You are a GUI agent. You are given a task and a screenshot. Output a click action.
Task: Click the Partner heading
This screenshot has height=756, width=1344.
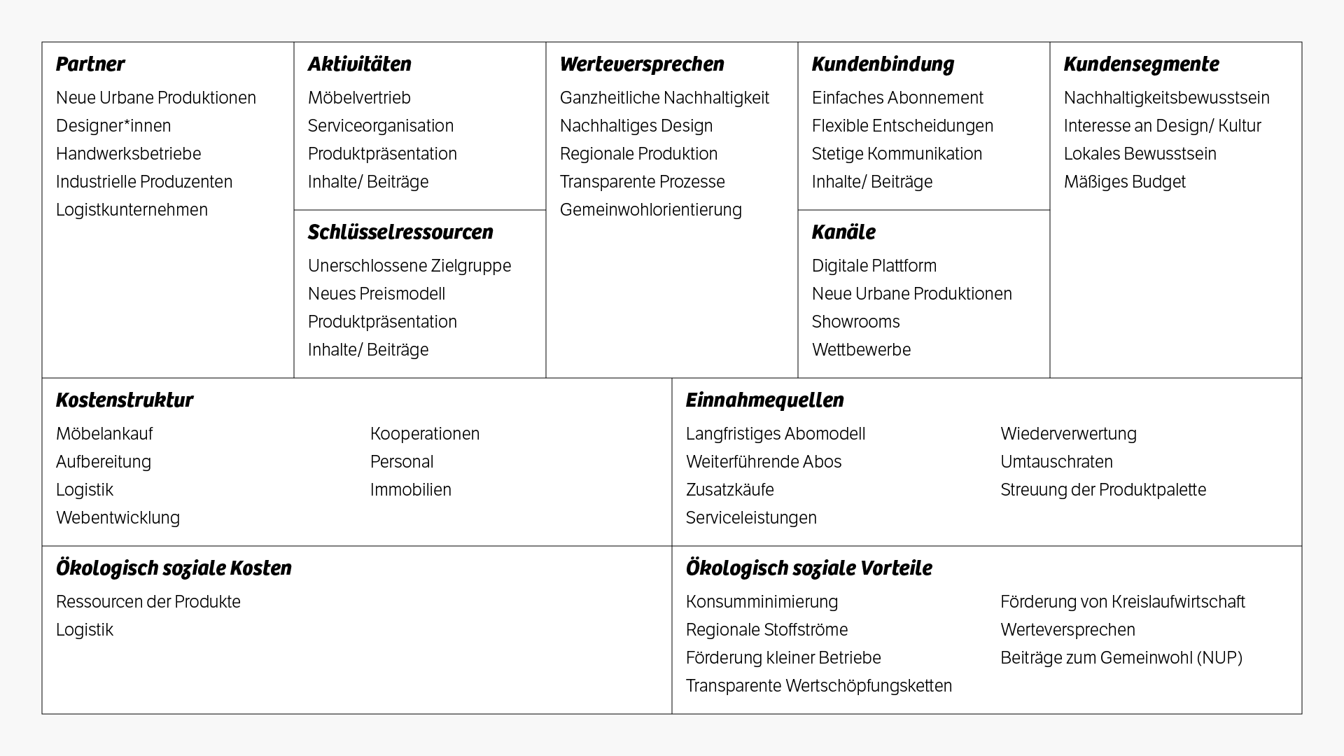coord(90,64)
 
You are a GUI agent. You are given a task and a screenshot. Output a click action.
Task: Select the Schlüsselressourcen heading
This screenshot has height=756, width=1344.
coord(400,232)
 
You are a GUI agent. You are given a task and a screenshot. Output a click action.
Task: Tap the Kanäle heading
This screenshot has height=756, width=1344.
coord(843,232)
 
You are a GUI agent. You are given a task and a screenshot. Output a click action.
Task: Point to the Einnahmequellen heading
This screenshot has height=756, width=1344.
coord(764,400)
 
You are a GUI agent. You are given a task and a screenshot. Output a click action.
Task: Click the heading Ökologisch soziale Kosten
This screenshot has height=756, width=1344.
coord(174,568)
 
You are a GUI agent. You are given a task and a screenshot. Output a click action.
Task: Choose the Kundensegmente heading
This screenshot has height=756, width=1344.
coord(1141,64)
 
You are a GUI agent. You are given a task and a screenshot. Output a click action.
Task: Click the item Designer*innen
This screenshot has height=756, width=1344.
coord(113,126)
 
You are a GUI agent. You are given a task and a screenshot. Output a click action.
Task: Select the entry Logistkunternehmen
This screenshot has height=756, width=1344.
coord(132,210)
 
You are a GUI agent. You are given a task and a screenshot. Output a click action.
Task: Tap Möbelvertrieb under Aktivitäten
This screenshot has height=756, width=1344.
coord(359,98)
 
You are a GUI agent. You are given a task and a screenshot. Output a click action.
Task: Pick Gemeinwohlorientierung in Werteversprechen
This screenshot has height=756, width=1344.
coord(650,210)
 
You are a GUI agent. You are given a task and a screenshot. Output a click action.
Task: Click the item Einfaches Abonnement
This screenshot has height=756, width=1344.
coord(897,98)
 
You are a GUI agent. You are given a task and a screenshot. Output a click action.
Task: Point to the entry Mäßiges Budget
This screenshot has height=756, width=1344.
coord(1124,182)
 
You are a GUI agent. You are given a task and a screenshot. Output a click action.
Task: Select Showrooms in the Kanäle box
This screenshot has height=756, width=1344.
coord(855,322)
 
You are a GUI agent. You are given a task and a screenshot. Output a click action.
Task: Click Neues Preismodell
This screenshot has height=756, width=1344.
coord(377,294)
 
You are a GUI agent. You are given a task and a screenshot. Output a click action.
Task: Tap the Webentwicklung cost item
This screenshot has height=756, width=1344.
coord(118,518)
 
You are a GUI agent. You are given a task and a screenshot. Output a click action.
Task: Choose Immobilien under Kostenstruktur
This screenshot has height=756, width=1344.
coord(411,490)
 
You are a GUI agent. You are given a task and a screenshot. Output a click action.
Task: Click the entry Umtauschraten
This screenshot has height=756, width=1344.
coord(1056,462)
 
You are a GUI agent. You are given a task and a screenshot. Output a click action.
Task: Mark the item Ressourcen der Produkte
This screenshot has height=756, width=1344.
coord(148,602)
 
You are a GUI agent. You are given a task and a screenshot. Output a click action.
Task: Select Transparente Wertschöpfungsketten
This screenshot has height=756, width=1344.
coord(818,686)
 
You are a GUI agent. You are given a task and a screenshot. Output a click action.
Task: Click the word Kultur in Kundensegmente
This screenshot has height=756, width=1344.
coord(1239,126)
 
